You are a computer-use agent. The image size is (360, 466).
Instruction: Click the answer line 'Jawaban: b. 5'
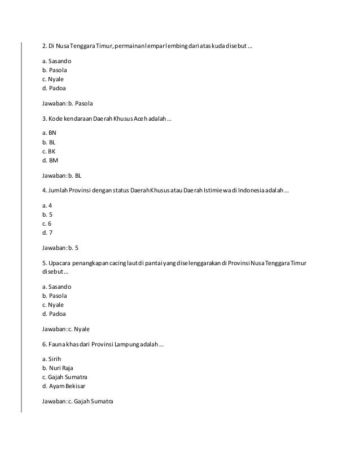[x=60, y=248]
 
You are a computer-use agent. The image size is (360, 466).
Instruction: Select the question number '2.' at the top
[x=45, y=46]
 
